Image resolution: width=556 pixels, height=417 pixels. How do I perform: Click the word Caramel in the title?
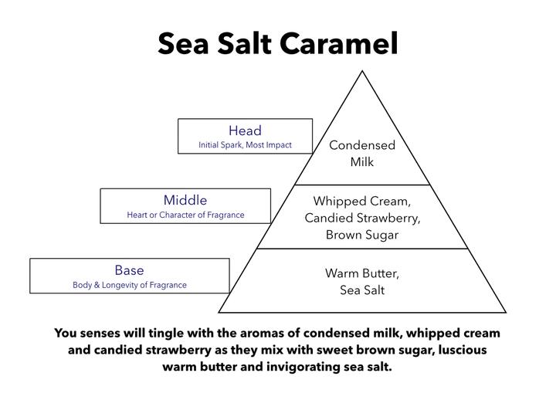click(339, 43)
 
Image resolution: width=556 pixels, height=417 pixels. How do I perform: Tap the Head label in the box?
click(245, 131)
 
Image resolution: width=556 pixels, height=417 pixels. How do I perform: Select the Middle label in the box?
click(185, 200)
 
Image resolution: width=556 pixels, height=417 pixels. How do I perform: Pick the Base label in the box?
click(129, 270)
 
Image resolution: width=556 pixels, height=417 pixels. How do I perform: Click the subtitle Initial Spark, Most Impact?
click(245, 144)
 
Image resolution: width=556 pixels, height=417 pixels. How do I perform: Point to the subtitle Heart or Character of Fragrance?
click(185, 215)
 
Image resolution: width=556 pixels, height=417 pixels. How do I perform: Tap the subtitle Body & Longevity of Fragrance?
click(130, 285)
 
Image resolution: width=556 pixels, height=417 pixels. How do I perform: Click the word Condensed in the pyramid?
click(362, 145)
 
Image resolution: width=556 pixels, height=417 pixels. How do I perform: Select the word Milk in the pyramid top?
click(362, 162)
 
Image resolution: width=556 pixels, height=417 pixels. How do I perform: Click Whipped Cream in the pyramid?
click(361, 201)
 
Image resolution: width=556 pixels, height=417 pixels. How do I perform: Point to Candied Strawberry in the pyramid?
click(362, 218)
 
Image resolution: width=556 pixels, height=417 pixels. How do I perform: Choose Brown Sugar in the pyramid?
click(362, 235)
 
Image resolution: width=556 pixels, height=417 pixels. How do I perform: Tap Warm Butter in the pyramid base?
click(362, 273)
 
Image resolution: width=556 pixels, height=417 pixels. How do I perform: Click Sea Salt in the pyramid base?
click(362, 290)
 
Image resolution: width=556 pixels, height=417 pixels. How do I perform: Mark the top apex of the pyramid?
click(362, 71)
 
